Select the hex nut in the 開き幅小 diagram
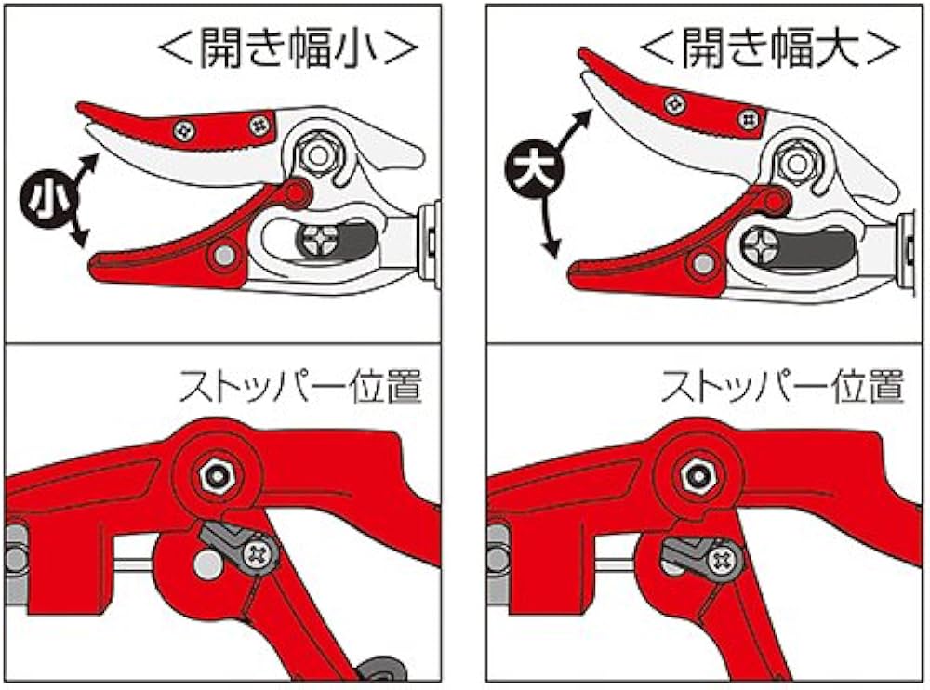[318, 153]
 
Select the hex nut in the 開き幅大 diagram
[796, 160]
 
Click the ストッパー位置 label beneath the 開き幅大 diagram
[783, 385]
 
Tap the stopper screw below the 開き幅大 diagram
[721, 560]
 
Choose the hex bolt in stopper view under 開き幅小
[218, 475]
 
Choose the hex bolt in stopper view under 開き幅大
[696, 475]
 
